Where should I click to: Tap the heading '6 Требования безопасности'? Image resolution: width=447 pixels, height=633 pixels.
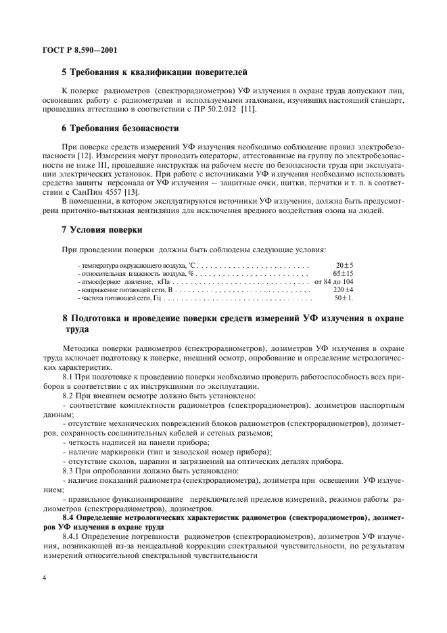coord(120,128)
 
